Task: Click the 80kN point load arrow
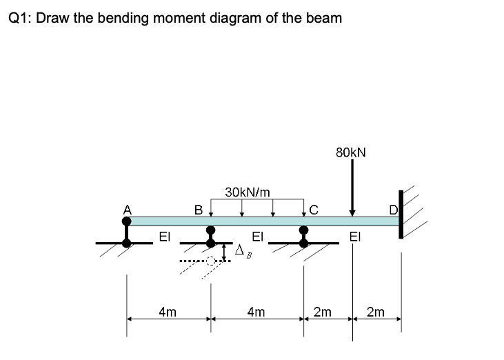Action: [352, 186]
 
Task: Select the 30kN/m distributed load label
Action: [248, 191]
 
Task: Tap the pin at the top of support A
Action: [126, 221]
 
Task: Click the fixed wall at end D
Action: [400, 213]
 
